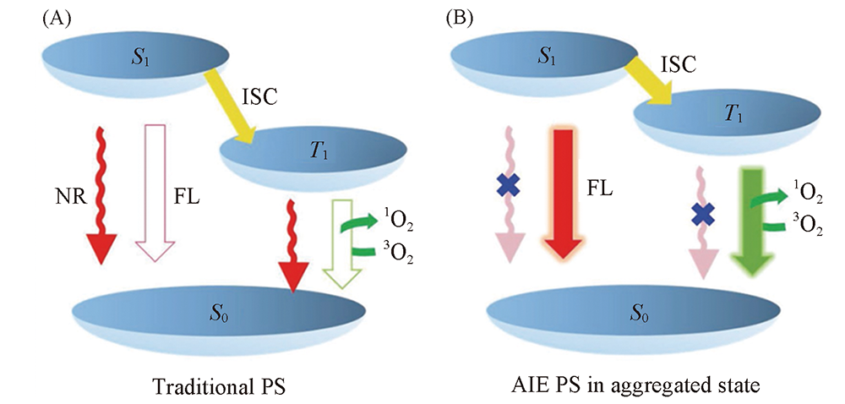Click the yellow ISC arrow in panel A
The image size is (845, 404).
[x=239, y=111]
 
